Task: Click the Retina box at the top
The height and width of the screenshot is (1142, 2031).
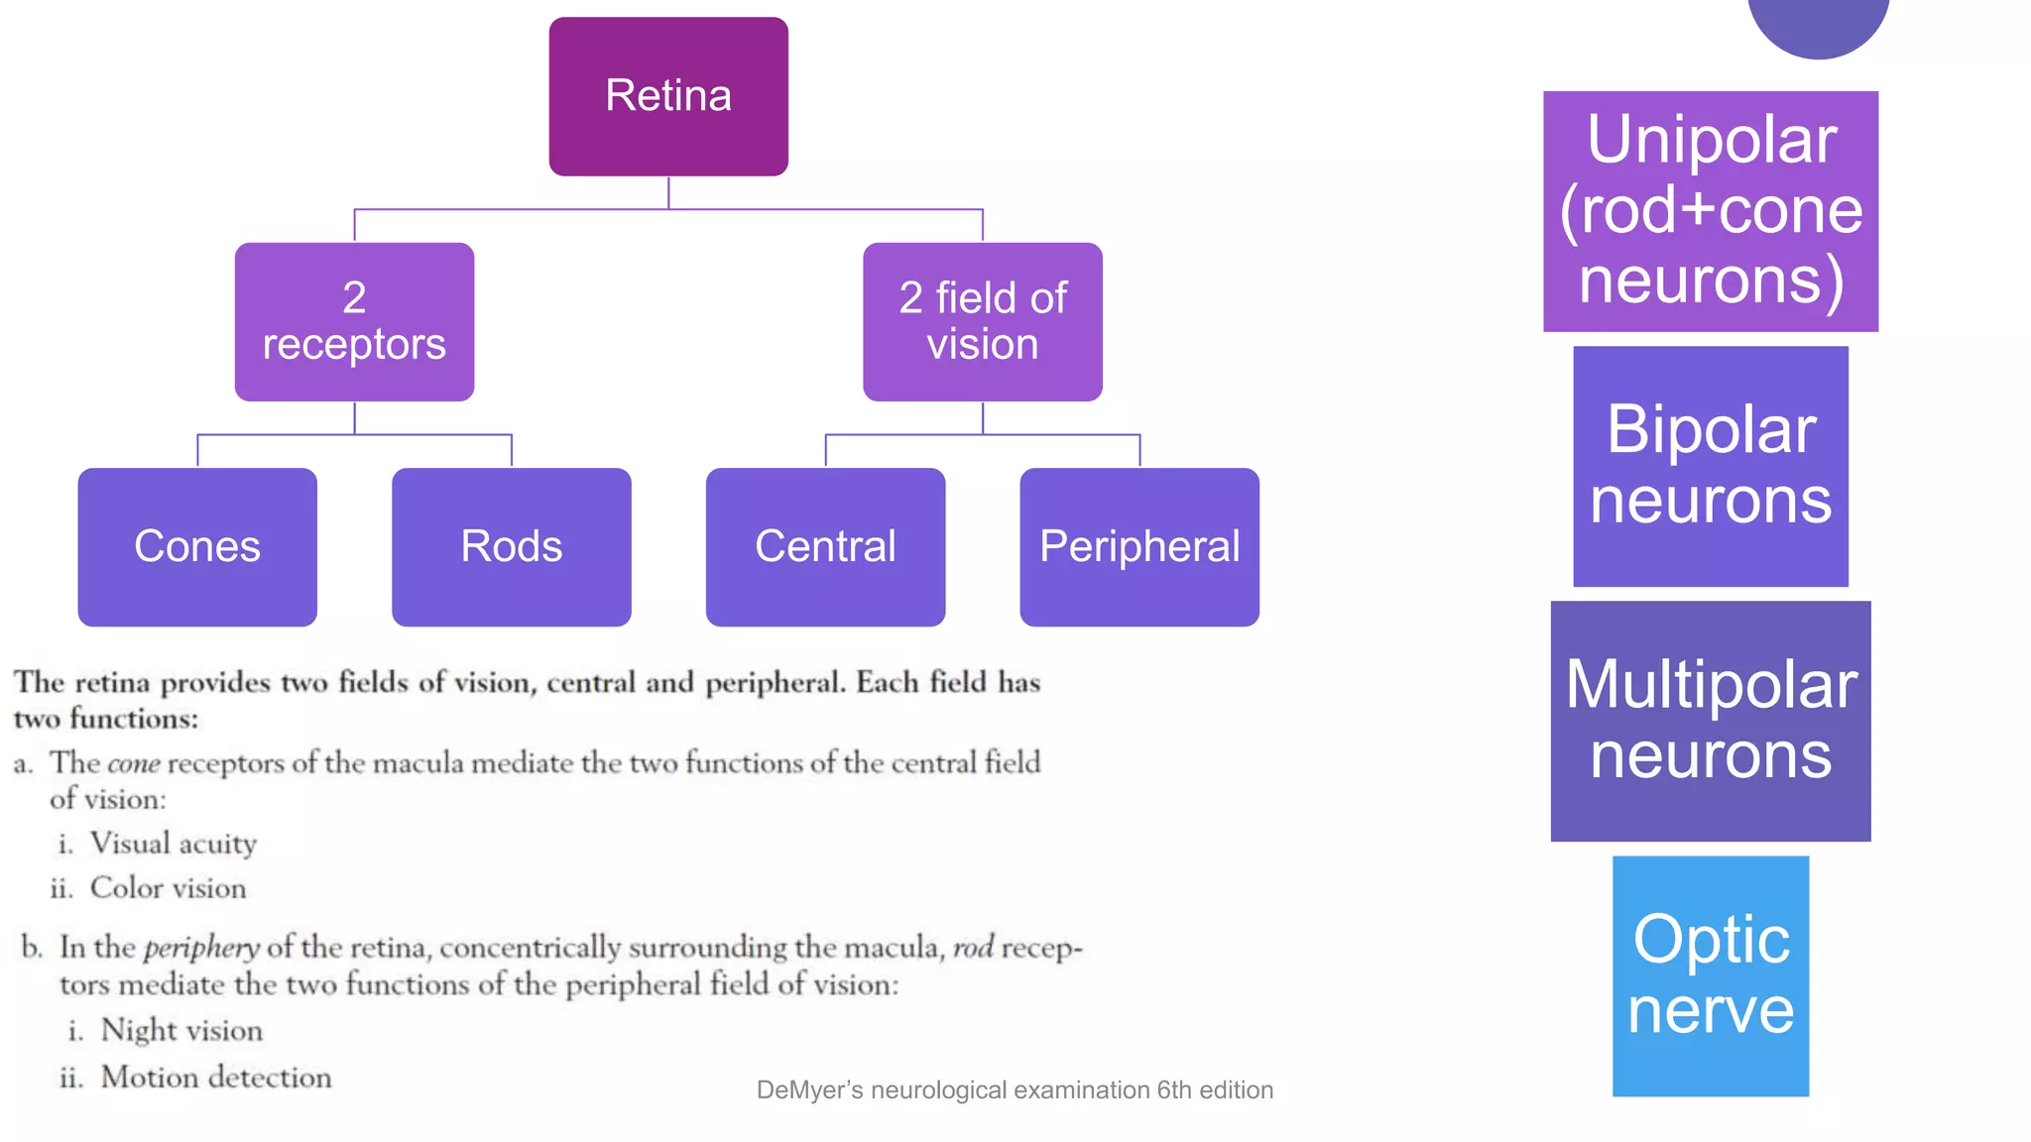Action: (x=668, y=96)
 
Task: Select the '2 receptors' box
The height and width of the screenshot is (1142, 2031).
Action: (x=354, y=321)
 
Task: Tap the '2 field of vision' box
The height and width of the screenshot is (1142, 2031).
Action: (x=982, y=321)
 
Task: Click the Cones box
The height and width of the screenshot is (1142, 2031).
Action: (x=197, y=546)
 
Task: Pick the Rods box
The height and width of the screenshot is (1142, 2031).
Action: (x=511, y=546)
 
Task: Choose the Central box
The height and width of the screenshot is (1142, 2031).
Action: (x=825, y=546)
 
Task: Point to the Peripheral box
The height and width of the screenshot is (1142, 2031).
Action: (x=1139, y=546)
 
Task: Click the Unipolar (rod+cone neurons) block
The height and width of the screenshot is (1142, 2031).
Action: (x=1711, y=211)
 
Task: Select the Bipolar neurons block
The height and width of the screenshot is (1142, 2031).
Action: (x=1711, y=466)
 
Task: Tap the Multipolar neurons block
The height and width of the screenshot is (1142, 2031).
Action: (x=1711, y=721)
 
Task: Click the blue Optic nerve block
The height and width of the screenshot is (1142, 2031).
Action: (x=1711, y=975)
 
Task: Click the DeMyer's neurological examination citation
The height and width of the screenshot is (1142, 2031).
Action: (x=1015, y=1089)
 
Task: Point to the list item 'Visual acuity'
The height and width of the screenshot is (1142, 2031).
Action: (x=173, y=844)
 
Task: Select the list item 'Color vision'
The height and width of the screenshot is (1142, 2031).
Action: (x=168, y=888)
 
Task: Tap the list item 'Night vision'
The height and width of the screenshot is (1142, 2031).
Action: (x=181, y=1031)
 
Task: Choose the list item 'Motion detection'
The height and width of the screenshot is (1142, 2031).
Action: (x=215, y=1078)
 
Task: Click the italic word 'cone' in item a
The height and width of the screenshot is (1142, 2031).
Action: (x=133, y=764)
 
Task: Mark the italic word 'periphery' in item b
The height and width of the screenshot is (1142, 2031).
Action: (x=201, y=949)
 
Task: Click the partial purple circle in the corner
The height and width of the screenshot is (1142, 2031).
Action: (x=1818, y=25)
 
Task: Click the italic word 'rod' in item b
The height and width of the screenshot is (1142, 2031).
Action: (x=973, y=949)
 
